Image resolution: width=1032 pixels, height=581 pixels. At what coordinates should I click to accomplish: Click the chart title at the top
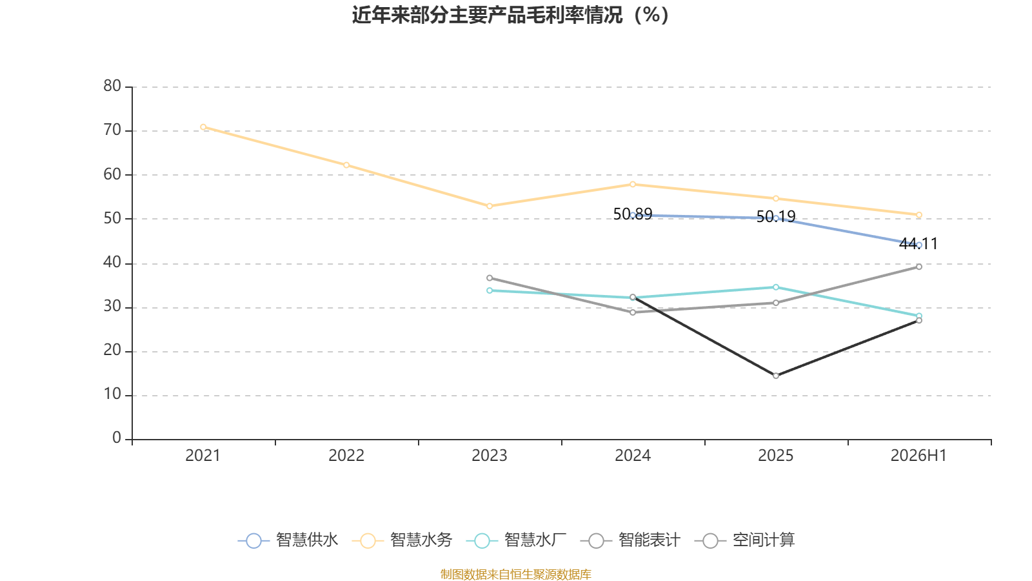510,15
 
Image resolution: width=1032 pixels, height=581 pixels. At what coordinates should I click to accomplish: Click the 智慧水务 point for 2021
203,127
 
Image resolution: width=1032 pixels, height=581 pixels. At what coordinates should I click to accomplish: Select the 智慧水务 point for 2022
346,165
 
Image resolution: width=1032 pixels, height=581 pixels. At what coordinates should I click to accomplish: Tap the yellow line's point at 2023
490,206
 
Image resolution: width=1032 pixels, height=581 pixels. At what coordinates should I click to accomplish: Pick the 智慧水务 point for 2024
633,185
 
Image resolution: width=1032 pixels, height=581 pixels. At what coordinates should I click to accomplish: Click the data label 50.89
633,214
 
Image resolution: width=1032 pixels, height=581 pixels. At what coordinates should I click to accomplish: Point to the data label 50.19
776,216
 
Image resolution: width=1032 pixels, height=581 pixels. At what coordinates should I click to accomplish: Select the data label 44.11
918,243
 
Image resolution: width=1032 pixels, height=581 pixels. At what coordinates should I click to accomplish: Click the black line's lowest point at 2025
776,376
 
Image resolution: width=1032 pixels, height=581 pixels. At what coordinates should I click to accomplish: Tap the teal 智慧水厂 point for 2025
776,287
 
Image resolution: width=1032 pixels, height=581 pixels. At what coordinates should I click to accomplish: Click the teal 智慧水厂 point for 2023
490,290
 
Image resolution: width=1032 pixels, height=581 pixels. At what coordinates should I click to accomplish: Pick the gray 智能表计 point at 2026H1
918,267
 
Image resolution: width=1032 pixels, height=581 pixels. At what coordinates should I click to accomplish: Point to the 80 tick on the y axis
112,87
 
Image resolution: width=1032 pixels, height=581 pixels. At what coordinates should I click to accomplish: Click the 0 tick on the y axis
117,438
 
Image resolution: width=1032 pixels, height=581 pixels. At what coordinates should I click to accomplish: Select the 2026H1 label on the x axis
918,456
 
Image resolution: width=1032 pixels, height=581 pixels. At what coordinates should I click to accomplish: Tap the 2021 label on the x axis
203,456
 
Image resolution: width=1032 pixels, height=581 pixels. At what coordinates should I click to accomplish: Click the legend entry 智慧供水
288,540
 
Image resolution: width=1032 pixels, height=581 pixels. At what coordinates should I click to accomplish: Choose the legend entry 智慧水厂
517,540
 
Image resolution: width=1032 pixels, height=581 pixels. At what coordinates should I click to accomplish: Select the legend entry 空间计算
744,540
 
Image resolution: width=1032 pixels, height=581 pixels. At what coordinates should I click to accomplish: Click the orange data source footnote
515,574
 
